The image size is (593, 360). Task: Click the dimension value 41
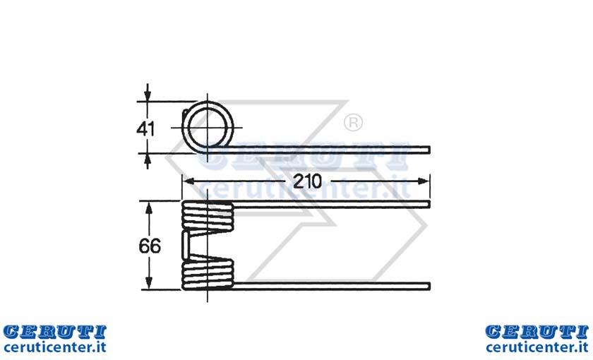145,129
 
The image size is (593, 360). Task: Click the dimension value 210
307,181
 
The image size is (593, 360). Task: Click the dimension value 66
150,246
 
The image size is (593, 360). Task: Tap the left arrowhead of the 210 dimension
188,181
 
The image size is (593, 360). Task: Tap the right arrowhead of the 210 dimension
424,181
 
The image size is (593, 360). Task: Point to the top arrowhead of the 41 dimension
148,95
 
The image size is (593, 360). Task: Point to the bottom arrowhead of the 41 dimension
148,160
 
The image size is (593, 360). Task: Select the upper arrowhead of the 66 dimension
149,208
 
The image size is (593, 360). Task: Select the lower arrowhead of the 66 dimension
149,284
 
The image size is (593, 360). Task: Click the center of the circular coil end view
208,128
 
